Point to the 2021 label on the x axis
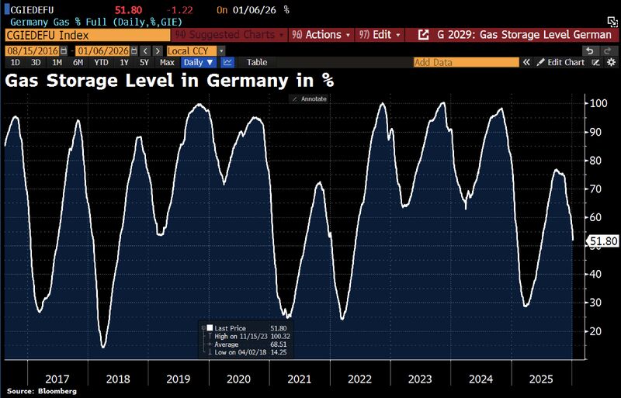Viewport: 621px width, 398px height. tap(299, 379)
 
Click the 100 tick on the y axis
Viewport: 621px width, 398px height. tap(597, 103)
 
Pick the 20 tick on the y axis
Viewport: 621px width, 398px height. tap(595, 331)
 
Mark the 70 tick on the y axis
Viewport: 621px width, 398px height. tap(595, 189)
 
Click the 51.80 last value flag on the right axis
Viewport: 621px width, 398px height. tap(603, 242)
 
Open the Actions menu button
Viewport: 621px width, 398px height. tap(317, 35)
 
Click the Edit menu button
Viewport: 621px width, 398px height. tap(381, 35)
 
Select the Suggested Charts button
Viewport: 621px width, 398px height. tap(230, 35)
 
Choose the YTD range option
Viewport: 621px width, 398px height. tap(101, 62)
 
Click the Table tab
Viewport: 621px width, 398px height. tap(257, 62)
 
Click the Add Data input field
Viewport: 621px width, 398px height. tap(465, 62)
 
